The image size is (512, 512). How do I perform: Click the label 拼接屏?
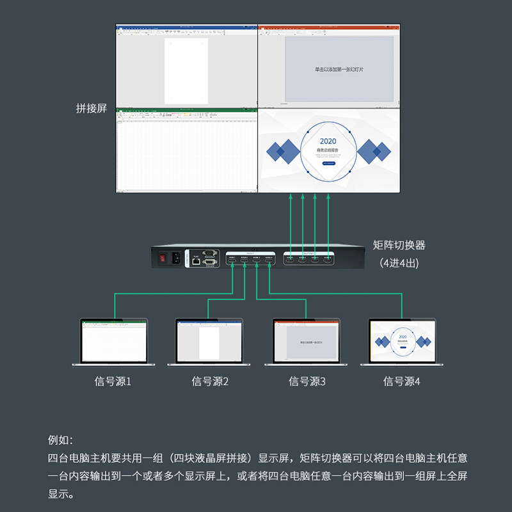92,108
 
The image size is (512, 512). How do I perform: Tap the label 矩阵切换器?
399,245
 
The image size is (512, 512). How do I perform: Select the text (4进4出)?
399,262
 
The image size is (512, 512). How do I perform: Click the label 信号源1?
113,381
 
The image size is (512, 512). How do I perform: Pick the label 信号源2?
210,381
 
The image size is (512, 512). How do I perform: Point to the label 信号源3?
307,381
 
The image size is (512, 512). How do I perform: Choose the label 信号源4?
402,381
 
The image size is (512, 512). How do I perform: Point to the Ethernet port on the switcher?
195,260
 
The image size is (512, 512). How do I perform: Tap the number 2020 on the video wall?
328,141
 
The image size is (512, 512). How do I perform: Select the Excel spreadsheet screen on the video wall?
186,150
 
